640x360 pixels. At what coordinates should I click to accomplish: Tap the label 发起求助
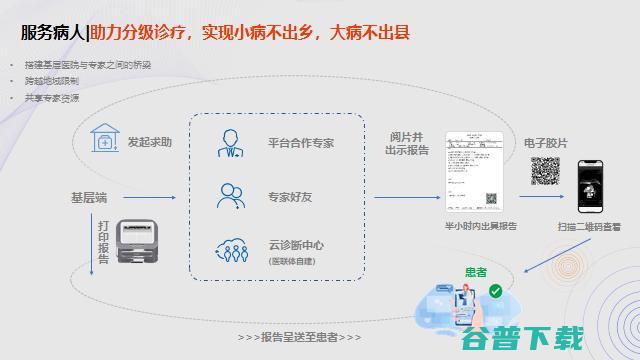click(149, 143)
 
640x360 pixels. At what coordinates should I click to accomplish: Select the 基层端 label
click(89, 197)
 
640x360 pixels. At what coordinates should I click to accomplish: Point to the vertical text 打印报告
click(103, 243)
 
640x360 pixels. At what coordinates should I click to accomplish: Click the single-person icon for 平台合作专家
click(231, 143)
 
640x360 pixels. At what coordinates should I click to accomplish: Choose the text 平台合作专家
click(301, 143)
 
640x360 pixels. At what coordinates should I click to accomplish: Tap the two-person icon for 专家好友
click(231, 195)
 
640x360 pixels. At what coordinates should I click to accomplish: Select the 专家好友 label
click(289, 196)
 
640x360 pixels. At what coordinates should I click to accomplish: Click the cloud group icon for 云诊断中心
click(231, 248)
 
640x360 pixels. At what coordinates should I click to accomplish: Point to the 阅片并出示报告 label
click(407, 143)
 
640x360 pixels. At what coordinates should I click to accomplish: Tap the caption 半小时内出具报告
click(481, 227)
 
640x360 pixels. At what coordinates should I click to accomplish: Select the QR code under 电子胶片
click(544, 173)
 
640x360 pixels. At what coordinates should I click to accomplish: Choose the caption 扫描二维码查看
click(590, 228)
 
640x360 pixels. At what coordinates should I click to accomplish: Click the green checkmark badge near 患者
click(495, 291)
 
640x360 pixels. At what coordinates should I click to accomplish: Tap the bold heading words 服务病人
click(53, 32)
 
